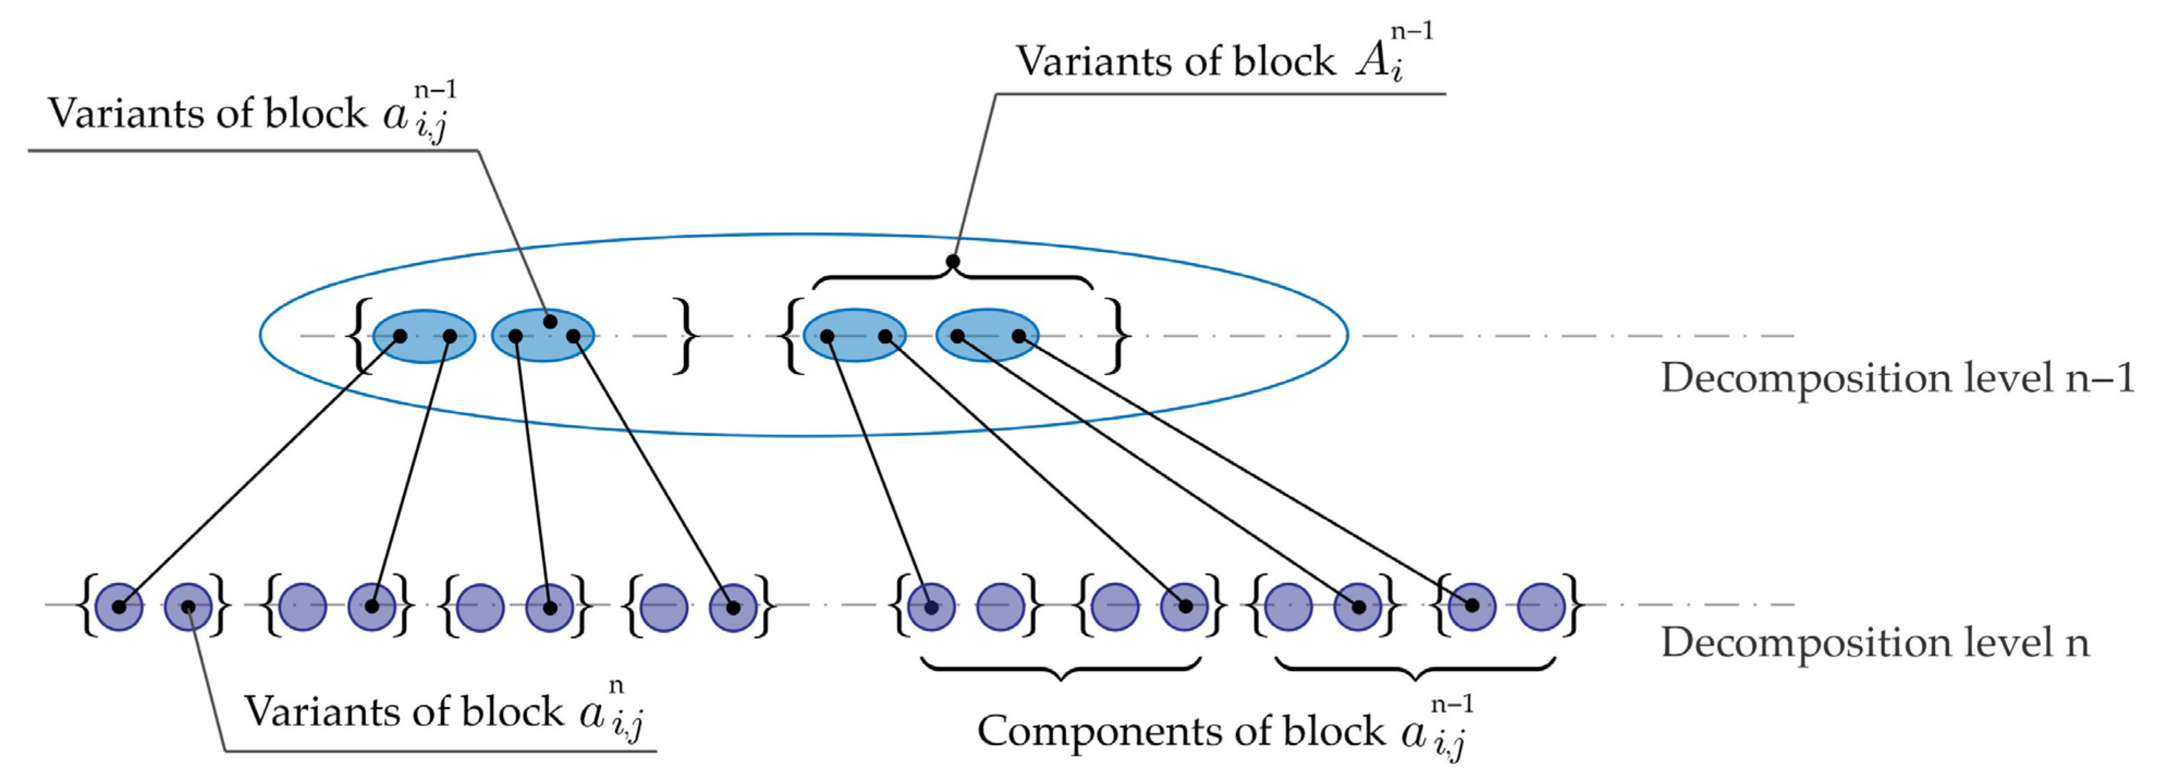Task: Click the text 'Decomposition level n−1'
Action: tap(1897, 379)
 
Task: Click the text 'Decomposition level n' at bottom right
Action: tap(1875, 643)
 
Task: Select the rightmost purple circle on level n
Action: tap(1541, 606)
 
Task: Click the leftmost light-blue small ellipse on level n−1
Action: tap(424, 336)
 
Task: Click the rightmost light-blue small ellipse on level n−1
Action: tap(986, 336)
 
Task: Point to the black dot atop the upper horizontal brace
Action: tap(952, 262)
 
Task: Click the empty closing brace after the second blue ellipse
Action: tap(686, 336)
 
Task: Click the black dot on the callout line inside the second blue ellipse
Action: tap(550, 321)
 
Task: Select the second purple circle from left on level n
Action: tap(188, 606)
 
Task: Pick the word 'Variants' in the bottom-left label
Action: tap(303, 712)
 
